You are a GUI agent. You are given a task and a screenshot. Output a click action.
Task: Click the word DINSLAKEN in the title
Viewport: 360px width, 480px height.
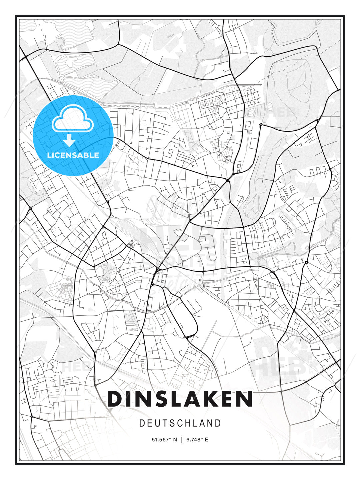tap(180, 399)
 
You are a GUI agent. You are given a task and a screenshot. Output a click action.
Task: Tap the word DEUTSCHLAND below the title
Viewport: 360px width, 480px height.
tap(180, 423)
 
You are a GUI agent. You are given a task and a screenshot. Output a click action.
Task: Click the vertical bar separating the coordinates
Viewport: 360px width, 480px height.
tap(182, 440)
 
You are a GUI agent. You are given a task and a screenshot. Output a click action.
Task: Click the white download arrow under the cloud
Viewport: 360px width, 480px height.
tap(70, 141)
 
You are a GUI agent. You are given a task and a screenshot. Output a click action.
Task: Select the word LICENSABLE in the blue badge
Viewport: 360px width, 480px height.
tap(73, 155)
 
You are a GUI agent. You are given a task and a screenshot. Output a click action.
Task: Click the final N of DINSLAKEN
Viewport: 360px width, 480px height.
tap(244, 399)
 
